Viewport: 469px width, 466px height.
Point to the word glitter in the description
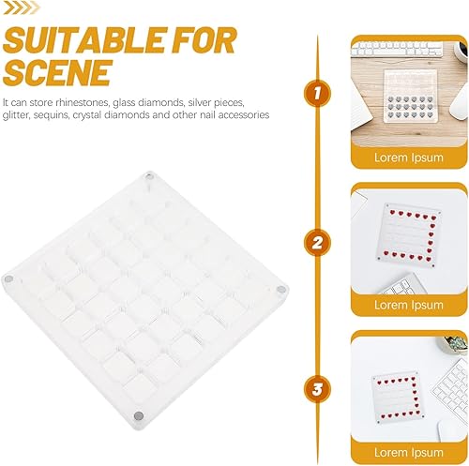pos(19,115)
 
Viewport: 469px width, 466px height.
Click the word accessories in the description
pos(238,115)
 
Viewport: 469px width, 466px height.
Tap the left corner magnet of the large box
pos(8,279)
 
